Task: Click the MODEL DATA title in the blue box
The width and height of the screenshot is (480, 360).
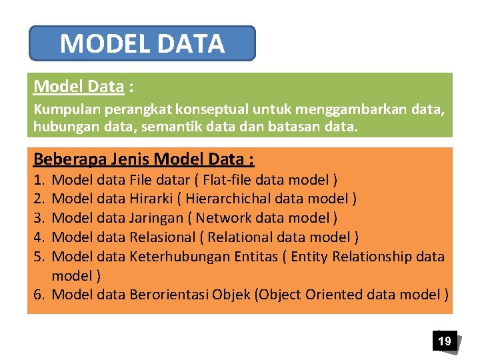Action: (x=142, y=44)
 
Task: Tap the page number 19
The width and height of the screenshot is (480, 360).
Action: (x=444, y=341)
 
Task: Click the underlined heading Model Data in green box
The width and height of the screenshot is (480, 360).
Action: (x=79, y=87)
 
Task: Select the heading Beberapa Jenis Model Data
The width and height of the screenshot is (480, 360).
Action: (x=143, y=159)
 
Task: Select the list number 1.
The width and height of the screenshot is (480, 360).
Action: (x=39, y=180)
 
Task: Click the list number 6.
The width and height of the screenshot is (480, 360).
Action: (x=39, y=295)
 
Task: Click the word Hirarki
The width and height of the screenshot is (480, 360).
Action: (x=151, y=199)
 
